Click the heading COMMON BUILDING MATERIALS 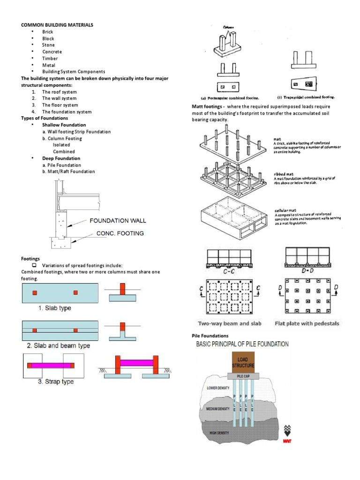pyautogui.click(x=56, y=24)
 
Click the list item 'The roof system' pyautogui.click(x=60, y=92)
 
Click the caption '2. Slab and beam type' pyautogui.click(x=58, y=345)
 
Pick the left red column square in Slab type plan pyautogui.click(x=34, y=292)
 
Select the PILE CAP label pyautogui.click(x=242, y=376)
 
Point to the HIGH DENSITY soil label pyautogui.click(x=219, y=433)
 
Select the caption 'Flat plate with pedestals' pyautogui.click(x=307, y=323)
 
